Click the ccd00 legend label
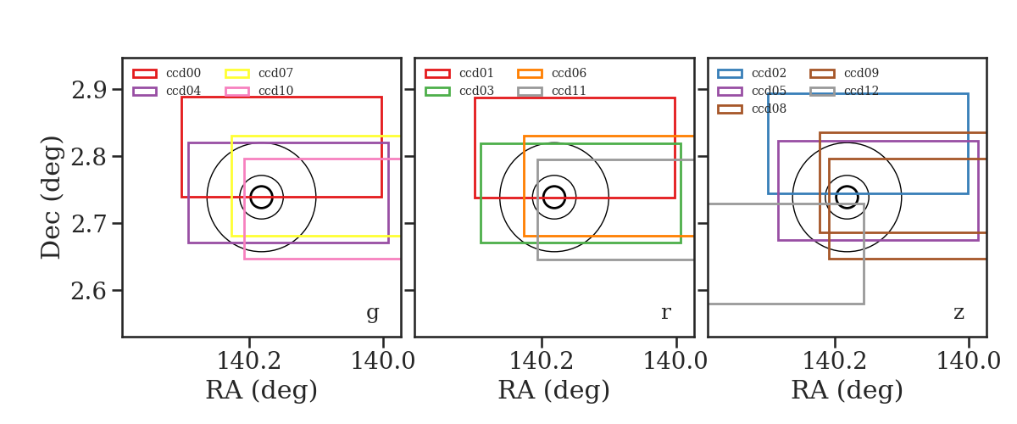[x=183, y=73]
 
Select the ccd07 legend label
[x=275, y=73]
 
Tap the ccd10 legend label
[x=275, y=91]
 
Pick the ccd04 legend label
[x=183, y=91]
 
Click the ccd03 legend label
[x=476, y=91]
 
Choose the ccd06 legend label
[x=569, y=73]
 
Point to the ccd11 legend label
[x=569, y=91]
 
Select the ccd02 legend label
[x=770, y=73]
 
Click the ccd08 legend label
[x=770, y=109]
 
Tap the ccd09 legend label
[x=861, y=73]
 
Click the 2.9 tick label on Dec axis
[x=89, y=91]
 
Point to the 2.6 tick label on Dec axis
[x=89, y=292]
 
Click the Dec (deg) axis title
[x=51, y=198]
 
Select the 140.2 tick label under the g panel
[x=249, y=361]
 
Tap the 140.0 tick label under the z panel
[x=969, y=361]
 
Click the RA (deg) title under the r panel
[x=554, y=390]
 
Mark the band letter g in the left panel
[x=372, y=313]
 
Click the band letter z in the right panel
[x=959, y=313]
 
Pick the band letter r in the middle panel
[x=665, y=313]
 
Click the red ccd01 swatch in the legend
[x=437, y=74]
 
